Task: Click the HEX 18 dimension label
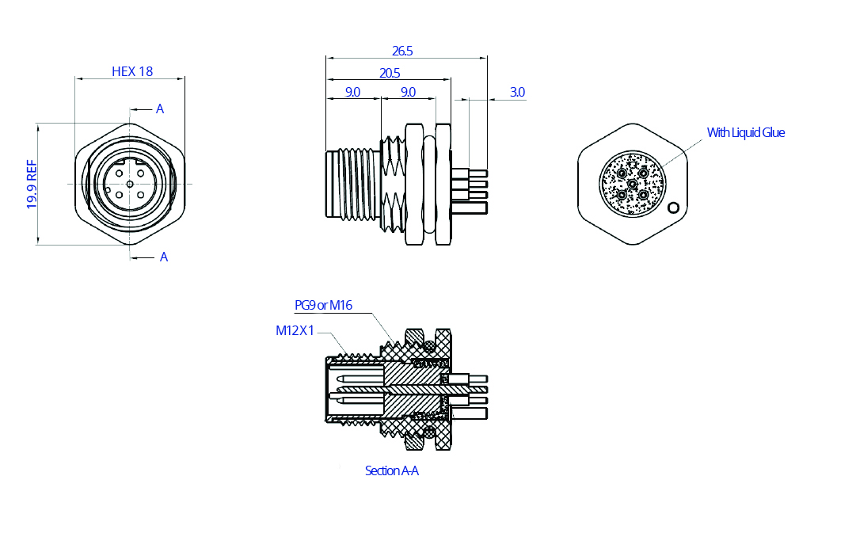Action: [x=132, y=71]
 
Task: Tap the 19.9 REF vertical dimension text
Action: [x=32, y=184]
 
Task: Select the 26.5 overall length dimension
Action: [x=402, y=51]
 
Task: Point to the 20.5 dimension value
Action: [x=390, y=73]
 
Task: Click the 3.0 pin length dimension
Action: [x=517, y=92]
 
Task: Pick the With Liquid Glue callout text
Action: [x=746, y=132]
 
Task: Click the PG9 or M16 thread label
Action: [x=323, y=305]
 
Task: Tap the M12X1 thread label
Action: [x=295, y=330]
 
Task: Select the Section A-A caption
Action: [x=391, y=470]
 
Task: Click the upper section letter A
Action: [x=160, y=109]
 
